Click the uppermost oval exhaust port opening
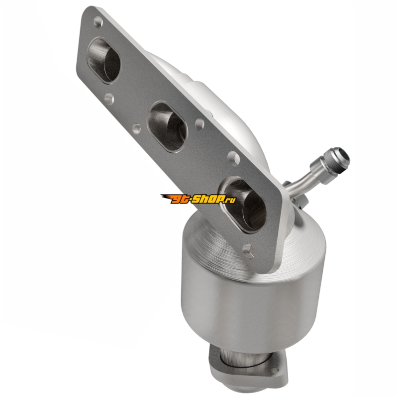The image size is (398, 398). coord(103,60)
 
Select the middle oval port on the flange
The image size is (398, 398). coord(168,127)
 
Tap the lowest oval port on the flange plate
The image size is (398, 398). coord(244,205)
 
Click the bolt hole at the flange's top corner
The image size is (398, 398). coord(98,21)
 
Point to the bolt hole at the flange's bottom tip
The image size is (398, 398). coord(248,251)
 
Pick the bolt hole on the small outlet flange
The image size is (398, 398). coord(275,370)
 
